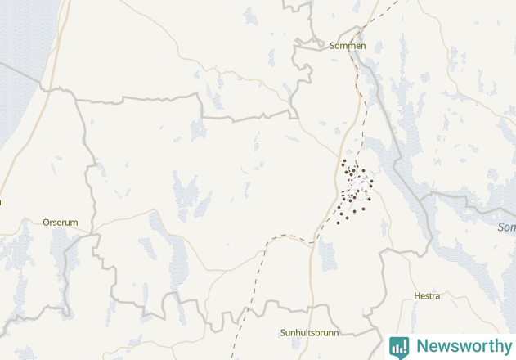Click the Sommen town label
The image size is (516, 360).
click(x=348, y=46)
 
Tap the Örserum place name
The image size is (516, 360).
click(x=60, y=222)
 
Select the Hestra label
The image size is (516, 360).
click(x=427, y=295)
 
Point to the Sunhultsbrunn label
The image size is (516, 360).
click(x=309, y=333)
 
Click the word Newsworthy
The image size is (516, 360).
click(x=463, y=346)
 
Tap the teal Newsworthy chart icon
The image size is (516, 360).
click(x=399, y=346)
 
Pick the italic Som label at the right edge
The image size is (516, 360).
click(x=506, y=227)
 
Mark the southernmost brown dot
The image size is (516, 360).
click(x=338, y=223)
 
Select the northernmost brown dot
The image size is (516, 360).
click(x=343, y=161)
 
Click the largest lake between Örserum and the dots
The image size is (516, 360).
click(x=185, y=195)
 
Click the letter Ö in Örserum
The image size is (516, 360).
click(x=46, y=222)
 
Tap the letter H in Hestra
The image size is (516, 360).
click(x=417, y=295)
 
